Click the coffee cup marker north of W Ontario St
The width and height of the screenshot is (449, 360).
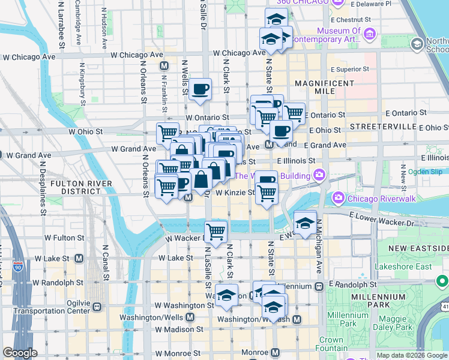pyautogui.click(x=200, y=89)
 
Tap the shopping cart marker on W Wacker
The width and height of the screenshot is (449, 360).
pyautogui.click(x=215, y=230)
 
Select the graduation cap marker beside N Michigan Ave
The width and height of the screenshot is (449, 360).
pyautogui.click(x=305, y=223)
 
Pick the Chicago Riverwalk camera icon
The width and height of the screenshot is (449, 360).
pyautogui.click(x=339, y=197)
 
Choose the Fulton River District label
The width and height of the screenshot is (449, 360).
pyautogui.click(x=82, y=187)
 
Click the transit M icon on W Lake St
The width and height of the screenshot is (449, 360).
pyautogui.click(x=79, y=258)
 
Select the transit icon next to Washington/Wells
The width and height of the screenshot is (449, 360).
pyautogui.click(x=190, y=317)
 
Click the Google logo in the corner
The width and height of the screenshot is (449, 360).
pyautogui.click(x=20, y=353)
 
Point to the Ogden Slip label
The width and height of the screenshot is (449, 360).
pyautogui.click(x=425, y=171)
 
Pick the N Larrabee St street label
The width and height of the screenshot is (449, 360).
pyautogui.click(x=61, y=24)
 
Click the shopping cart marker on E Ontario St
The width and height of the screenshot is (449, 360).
pyautogui.click(x=294, y=112)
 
